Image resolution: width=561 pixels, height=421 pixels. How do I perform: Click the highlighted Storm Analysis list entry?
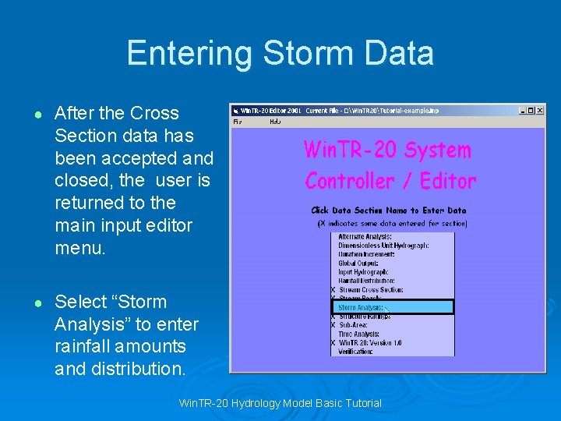pyautogui.click(x=360, y=307)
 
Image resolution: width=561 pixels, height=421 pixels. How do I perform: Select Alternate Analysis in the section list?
pyautogui.click(x=365, y=236)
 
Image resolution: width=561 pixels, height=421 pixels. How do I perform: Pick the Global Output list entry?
pyautogui.click(x=358, y=264)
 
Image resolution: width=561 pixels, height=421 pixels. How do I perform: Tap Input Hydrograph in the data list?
pyautogui.click(x=362, y=272)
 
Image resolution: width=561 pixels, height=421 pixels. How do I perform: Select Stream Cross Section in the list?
pyautogui.click(x=371, y=290)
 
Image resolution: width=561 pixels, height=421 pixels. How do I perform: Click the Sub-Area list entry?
pyautogui.click(x=352, y=325)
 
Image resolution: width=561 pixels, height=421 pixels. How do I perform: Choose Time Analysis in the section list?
pyautogui.click(x=358, y=334)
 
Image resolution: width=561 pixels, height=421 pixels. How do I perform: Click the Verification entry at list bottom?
pyautogui.click(x=355, y=352)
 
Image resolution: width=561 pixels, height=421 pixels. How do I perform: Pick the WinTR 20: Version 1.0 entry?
pyautogui.click(x=370, y=343)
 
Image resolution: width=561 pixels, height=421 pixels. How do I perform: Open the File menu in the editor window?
pyautogui.click(x=238, y=122)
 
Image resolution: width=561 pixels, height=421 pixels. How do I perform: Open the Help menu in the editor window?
pyautogui.click(x=275, y=122)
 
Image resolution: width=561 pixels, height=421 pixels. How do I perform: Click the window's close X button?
pyautogui.click(x=540, y=111)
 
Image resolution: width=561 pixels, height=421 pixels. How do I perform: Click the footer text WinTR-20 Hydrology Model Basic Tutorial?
pyautogui.click(x=280, y=403)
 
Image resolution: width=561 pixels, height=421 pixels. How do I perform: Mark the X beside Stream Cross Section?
pyautogui.click(x=333, y=290)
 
